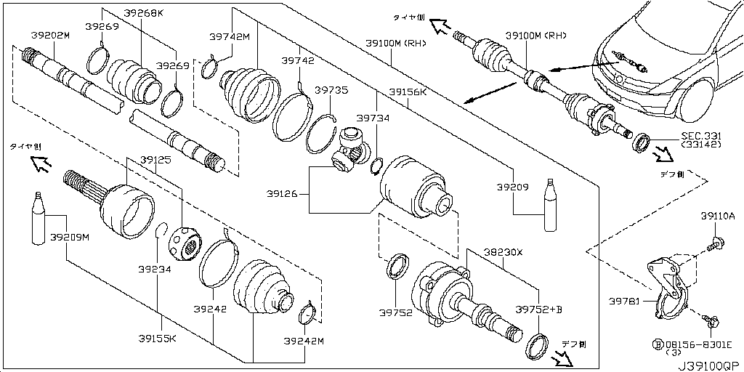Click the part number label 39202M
click(50, 35)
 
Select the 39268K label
click(144, 13)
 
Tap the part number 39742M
click(229, 36)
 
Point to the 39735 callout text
click(331, 90)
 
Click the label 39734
click(373, 117)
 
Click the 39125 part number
click(156, 159)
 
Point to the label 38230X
click(504, 252)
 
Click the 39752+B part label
click(539, 310)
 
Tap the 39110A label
click(718, 216)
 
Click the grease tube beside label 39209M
click(39, 221)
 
